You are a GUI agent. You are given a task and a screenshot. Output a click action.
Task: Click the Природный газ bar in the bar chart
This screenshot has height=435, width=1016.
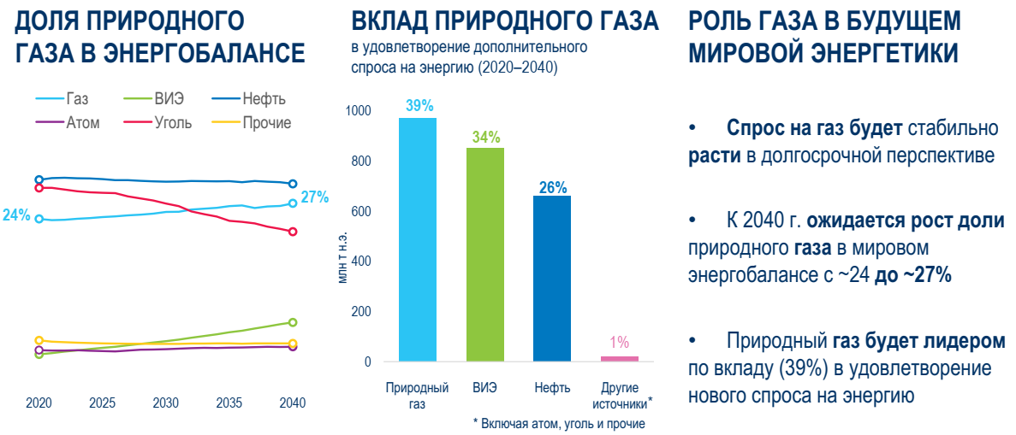click(418, 239)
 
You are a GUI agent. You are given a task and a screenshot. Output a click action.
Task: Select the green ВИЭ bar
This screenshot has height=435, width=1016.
click(484, 254)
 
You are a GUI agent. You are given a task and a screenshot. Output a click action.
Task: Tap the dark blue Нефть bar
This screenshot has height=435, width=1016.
click(551, 278)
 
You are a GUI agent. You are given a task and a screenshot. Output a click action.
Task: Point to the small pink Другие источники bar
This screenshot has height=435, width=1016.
click(619, 358)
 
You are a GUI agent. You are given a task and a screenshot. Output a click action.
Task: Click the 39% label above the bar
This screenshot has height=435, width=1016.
click(419, 106)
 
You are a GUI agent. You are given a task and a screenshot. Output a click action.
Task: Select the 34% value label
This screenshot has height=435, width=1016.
click(485, 137)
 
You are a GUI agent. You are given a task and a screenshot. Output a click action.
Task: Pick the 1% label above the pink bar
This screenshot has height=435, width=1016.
click(619, 343)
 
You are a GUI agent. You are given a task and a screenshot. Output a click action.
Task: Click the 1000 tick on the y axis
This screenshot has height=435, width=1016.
click(358, 111)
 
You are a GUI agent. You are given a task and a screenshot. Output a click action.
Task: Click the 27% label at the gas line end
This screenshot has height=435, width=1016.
click(315, 197)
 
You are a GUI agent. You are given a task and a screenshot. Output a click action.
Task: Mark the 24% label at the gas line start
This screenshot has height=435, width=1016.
click(16, 215)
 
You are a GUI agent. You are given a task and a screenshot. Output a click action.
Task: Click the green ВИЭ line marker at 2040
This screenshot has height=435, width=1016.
click(293, 322)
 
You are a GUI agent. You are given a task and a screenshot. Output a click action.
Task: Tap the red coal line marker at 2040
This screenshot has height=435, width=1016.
click(293, 232)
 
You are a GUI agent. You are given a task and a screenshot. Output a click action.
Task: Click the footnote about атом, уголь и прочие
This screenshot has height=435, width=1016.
click(558, 423)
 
